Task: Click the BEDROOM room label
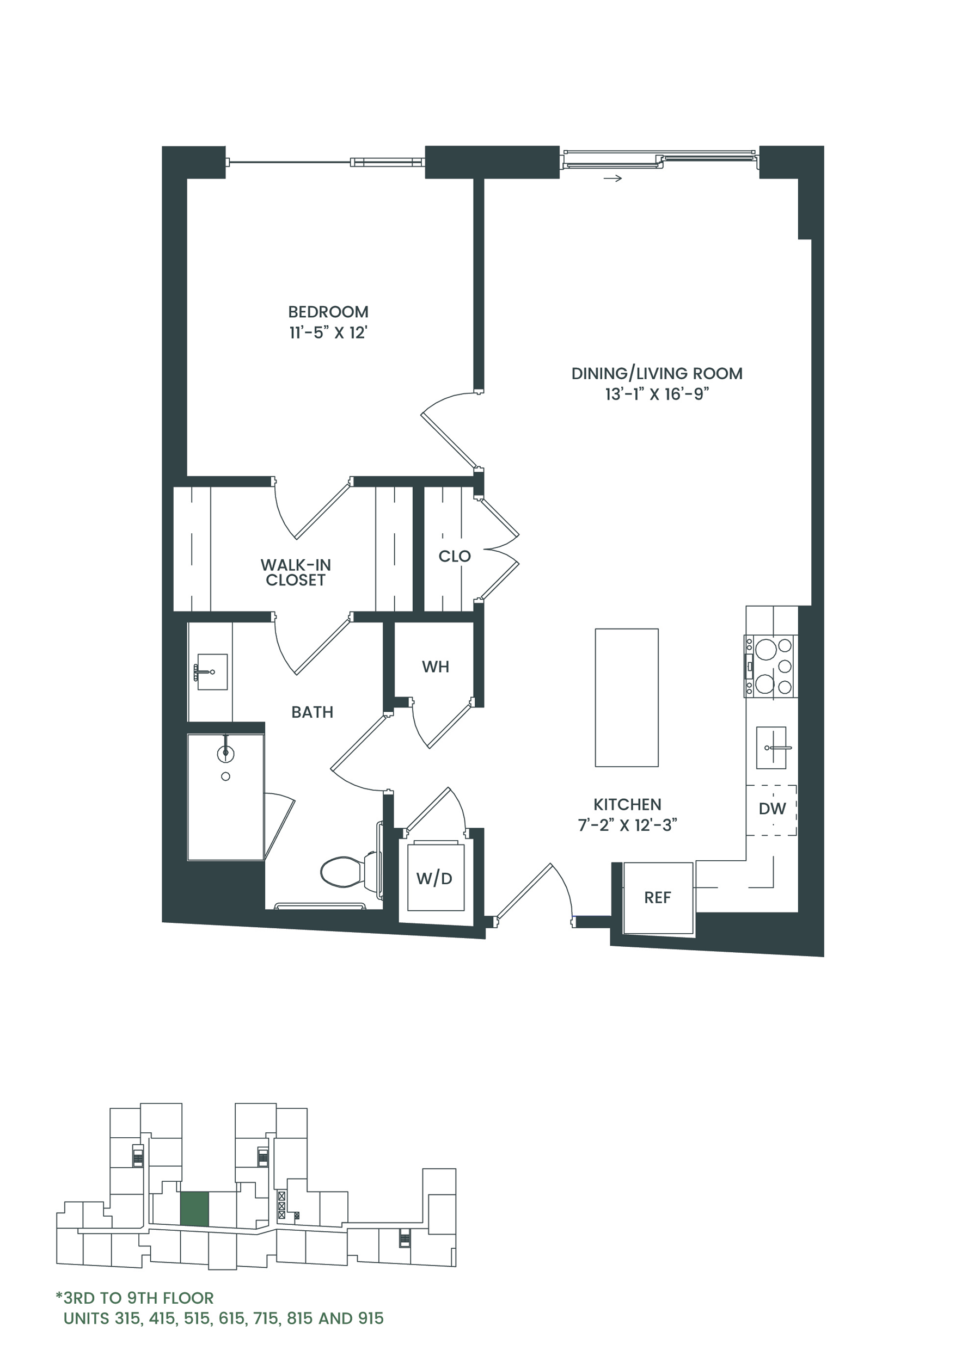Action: coord(328,312)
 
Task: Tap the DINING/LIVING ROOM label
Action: coord(657,373)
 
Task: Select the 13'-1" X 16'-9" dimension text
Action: coord(657,394)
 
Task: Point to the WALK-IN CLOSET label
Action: coord(296,572)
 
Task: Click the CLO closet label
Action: coord(455,556)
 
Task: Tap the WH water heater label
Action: coord(436,667)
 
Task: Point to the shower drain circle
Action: coord(226,777)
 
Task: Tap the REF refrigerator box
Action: coord(658,898)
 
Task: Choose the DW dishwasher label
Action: coord(773,809)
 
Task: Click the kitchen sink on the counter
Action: coord(771,748)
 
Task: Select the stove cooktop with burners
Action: coord(772,666)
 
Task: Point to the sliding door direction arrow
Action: coord(612,178)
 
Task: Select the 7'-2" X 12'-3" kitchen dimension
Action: coord(628,825)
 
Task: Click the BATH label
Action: coord(313,712)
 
